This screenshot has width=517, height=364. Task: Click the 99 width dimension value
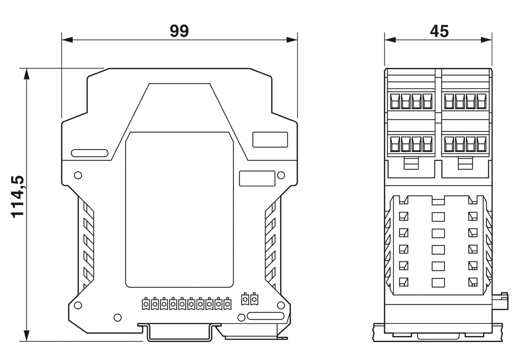pos(179,31)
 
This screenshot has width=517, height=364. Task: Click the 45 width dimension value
pos(439,31)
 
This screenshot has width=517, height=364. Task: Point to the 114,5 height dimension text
pos(18,196)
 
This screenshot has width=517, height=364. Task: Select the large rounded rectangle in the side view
pos(179,209)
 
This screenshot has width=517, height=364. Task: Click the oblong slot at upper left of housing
pos(90,153)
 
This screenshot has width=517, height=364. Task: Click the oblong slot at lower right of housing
pos(265,316)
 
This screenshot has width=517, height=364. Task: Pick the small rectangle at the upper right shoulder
pos(270,139)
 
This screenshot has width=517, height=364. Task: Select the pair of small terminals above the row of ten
pos(250,299)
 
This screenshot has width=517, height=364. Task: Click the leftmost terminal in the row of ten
pos(145,304)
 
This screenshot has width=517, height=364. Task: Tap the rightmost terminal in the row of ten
pos(227,304)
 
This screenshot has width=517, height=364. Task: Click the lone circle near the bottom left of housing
pos(118,317)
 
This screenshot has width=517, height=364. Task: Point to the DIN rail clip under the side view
pos(179,333)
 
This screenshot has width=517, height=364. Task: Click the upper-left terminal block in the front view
pos(412,101)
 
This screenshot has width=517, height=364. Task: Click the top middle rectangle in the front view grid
pos(438,217)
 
